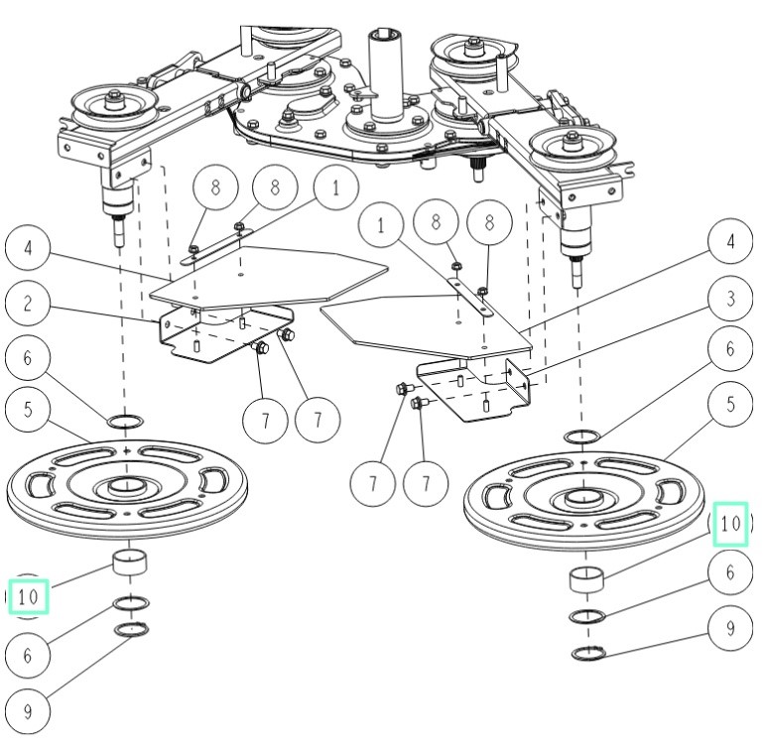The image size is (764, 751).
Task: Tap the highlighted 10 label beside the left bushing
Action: pos(29,597)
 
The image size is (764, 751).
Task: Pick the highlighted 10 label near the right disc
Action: pos(730,525)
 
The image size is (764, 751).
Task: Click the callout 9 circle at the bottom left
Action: pos(27,711)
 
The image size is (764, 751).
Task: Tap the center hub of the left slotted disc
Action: pos(126,486)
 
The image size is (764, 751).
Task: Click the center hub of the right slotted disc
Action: pos(583,495)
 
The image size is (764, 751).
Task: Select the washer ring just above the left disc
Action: pos(124,422)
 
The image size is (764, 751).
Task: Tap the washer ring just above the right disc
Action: pos(582,436)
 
